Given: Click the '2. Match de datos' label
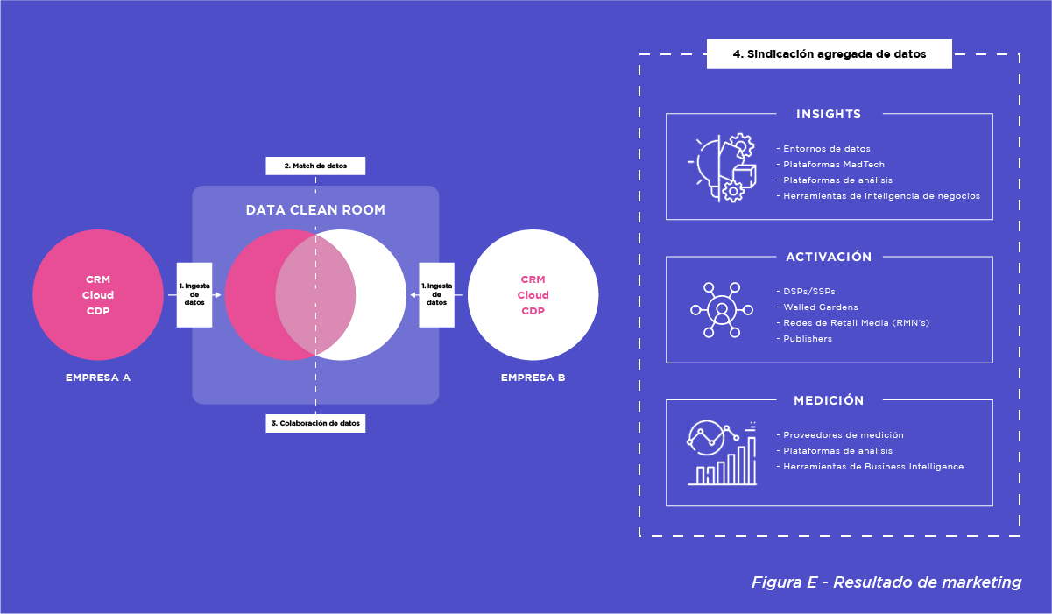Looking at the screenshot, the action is (315, 166).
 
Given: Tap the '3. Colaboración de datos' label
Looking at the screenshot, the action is (315, 423).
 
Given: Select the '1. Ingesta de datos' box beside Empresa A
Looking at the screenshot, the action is (194, 295).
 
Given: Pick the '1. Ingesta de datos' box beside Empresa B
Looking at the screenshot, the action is (436, 295).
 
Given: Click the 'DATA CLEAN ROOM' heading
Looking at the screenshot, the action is (315, 210).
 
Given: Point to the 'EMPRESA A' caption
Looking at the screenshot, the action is (97, 378).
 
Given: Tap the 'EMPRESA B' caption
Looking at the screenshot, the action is (533, 378).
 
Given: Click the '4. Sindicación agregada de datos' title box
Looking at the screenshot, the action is (829, 54).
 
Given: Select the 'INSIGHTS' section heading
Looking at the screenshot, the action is (829, 114).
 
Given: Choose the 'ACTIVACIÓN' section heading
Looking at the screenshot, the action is (829, 257).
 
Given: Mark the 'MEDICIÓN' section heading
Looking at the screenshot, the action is (829, 400).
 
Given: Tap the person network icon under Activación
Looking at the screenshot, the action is (721, 309).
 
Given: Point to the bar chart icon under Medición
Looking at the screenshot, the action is (722, 452).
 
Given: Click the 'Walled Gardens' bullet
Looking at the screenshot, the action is (820, 307).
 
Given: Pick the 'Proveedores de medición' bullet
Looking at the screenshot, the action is (843, 434).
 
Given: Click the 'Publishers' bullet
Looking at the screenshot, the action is (808, 338).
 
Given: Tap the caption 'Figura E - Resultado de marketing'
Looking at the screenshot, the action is (886, 582).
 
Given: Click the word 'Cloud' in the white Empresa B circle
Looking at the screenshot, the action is (533, 295).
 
